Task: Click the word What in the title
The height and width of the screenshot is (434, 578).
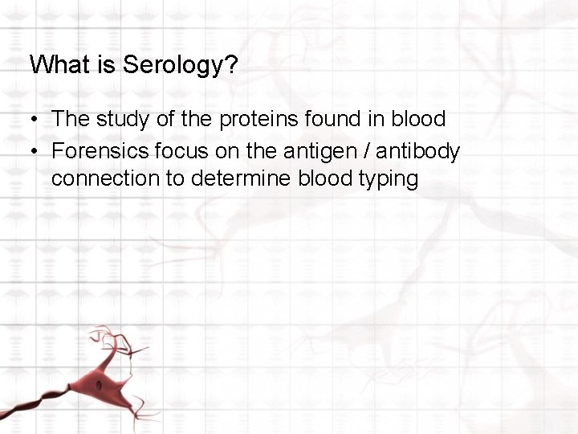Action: [x=57, y=65]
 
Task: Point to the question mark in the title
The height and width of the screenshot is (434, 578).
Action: [x=231, y=65]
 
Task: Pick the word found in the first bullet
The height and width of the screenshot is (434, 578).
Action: [x=323, y=120]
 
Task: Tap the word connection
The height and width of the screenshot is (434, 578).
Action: [x=105, y=178]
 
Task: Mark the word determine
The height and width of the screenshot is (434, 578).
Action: [x=242, y=178]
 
